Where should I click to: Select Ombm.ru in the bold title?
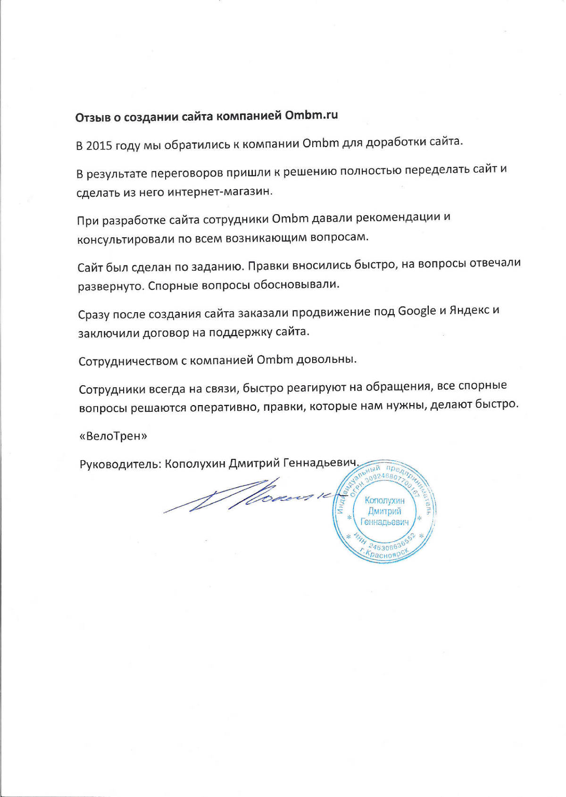click(311, 115)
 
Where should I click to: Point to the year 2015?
click(99, 145)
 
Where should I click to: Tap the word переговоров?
click(189, 173)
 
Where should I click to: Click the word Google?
click(416, 311)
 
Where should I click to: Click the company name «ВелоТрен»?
click(113, 436)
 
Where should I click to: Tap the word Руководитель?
click(120, 465)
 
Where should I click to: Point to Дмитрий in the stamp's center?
click(384, 511)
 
